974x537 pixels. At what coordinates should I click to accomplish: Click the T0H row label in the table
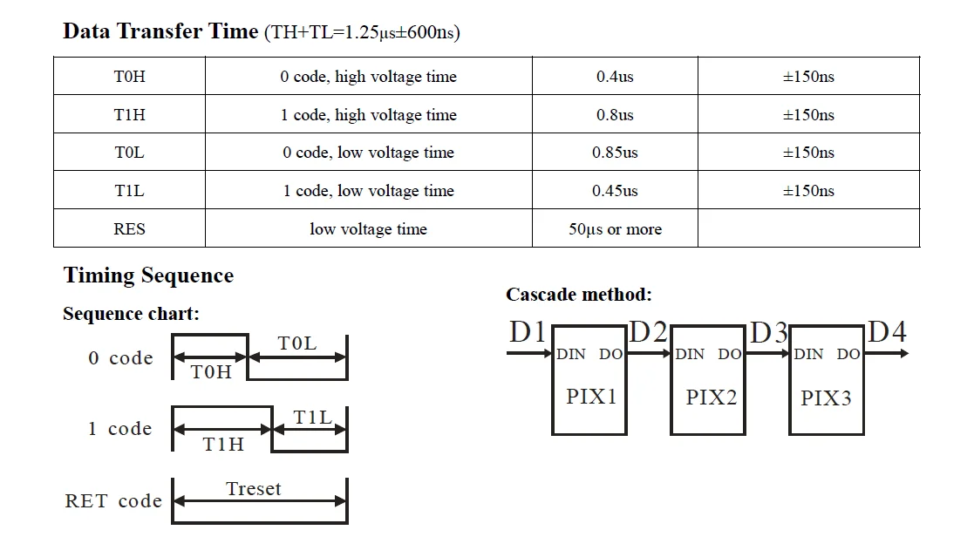coord(129,77)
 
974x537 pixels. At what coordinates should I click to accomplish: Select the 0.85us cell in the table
coord(615,153)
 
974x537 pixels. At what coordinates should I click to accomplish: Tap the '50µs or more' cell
coord(615,229)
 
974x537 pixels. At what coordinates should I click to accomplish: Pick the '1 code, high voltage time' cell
coord(368,115)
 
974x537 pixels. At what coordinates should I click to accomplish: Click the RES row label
coord(129,229)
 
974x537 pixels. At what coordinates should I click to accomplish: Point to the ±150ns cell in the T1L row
coord(808,191)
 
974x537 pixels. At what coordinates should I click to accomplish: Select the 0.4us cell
coord(615,77)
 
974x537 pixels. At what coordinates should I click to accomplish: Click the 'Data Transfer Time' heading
coord(160,32)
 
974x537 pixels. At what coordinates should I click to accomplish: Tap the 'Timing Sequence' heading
coord(148,275)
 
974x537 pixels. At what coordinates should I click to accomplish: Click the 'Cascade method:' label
coord(578,295)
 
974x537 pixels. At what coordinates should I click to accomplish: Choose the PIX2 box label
coord(711,398)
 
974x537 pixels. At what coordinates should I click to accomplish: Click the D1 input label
coord(528,332)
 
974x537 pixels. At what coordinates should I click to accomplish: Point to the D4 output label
coord(888,332)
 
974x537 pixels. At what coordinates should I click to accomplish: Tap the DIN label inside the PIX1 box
coord(571,354)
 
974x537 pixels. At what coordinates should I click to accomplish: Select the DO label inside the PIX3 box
coord(848,354)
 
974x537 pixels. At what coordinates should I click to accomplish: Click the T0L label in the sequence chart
coord(297,344)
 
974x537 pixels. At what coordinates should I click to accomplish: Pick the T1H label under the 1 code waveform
coord(223,445)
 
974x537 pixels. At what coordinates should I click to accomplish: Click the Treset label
coord(254,489)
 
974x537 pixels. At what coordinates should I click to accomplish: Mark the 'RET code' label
coord(113,501)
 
